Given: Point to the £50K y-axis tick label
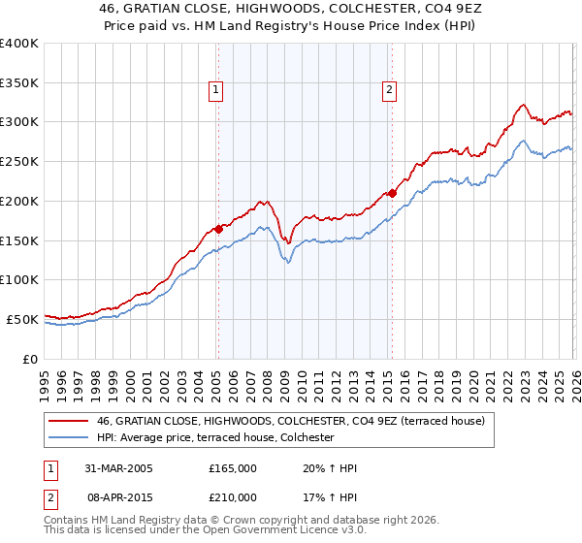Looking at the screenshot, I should [x=22, y=319].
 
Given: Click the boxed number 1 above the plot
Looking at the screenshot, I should [x=216, y=90].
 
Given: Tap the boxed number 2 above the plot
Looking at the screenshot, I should [x=389, y=90].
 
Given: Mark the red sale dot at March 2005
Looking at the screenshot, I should [x=219, y=229].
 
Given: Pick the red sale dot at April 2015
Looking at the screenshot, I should [x=392, y=193].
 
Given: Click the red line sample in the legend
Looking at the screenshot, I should [x=68, y=421].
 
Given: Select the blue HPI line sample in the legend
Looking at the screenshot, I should [x=68, y=437].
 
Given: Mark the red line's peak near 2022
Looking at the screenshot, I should [x=523, y=104].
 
